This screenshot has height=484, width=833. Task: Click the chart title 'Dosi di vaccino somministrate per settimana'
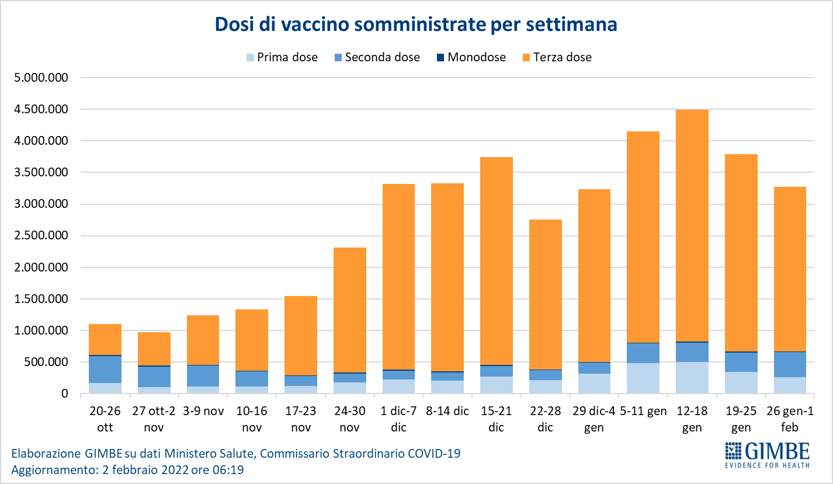pos(416,25)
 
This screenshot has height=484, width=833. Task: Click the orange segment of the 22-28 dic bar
pos(545,294)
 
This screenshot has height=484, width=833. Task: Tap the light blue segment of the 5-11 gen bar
pos(643,378)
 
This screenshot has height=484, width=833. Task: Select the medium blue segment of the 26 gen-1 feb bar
pos(790,364)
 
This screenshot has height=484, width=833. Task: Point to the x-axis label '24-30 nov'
pos(350,419)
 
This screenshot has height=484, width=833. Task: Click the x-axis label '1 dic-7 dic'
pos(398,419)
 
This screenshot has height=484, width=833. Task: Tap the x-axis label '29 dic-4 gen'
pos(594,419)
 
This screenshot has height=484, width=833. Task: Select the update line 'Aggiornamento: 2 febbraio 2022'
pos(127,469)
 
